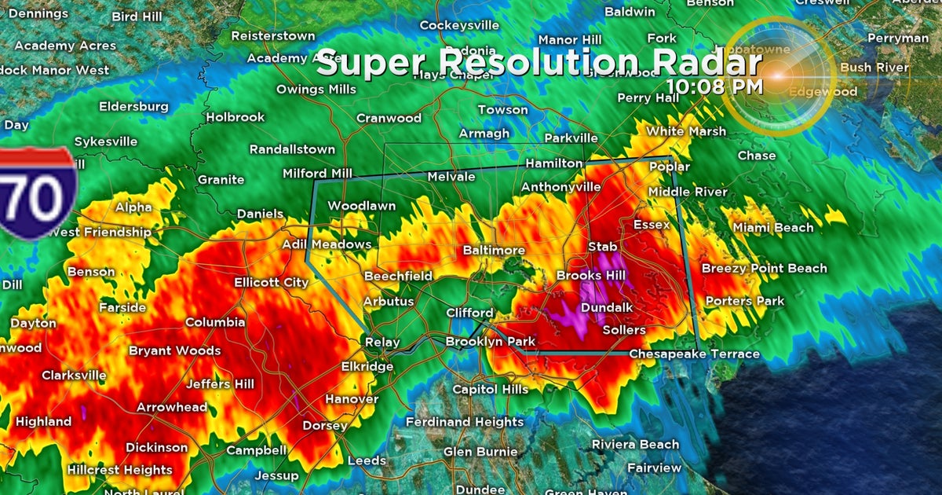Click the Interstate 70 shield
click(x=38, y=192)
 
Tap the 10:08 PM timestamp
click(x=714, y=86)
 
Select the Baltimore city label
click(x=493, y=250)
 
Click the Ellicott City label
click(x=271, y=282)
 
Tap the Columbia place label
click(x=215, y=322)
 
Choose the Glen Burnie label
click(x=480, y=452)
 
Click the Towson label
click(x=502, y=110)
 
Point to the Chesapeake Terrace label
click(x=694, y=354)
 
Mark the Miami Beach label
click(x=773, y=228)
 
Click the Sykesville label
click(x=105, y=141)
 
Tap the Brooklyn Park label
click(x=490, y=342)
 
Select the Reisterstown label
click(x=272, y=36)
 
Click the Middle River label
click(x=688, y=192)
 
